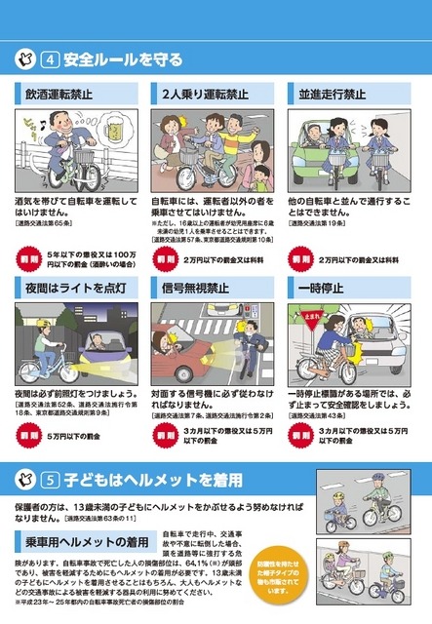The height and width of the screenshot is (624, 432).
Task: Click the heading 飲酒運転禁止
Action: click(65, 96)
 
